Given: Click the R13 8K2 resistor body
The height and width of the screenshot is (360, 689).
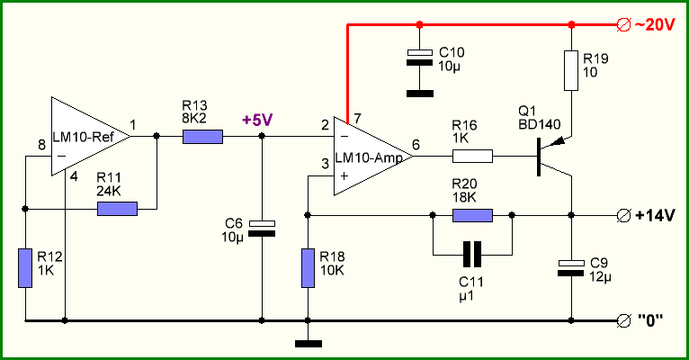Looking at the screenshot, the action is point(202,137).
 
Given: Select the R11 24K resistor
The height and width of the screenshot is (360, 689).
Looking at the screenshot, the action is point(117,209).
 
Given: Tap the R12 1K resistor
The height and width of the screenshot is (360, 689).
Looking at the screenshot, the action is point(25,268).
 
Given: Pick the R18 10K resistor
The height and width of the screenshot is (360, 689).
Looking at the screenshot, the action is point(308,268).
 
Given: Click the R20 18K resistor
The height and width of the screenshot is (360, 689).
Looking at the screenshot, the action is point(472,215).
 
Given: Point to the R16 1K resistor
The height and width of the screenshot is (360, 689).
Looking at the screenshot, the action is point(472,156).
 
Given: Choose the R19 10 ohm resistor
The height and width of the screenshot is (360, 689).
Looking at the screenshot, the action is point(571,70).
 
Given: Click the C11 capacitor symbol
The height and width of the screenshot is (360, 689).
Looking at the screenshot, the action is point(472,255).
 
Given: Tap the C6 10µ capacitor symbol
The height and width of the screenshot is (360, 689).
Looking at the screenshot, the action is point(262,229).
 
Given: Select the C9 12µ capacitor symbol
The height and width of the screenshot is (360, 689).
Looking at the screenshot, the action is point(571,267).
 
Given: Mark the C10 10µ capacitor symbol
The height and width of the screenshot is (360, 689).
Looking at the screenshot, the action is point(420,58).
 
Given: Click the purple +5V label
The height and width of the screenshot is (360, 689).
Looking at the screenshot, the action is point(257,120).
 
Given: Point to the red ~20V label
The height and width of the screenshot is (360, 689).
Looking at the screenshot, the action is point(654,25).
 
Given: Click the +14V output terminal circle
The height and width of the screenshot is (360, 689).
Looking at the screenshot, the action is point(623,216).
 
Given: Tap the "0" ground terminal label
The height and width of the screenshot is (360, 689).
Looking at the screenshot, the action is point(650,320).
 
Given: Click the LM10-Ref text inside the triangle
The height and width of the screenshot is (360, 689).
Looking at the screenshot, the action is point(84,137).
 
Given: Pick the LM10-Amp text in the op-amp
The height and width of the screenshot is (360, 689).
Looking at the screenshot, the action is point(369,158).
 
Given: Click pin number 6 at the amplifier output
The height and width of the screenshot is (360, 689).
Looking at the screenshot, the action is point(416,144).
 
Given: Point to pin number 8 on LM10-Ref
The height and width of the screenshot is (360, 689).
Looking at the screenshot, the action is point(41,144).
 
